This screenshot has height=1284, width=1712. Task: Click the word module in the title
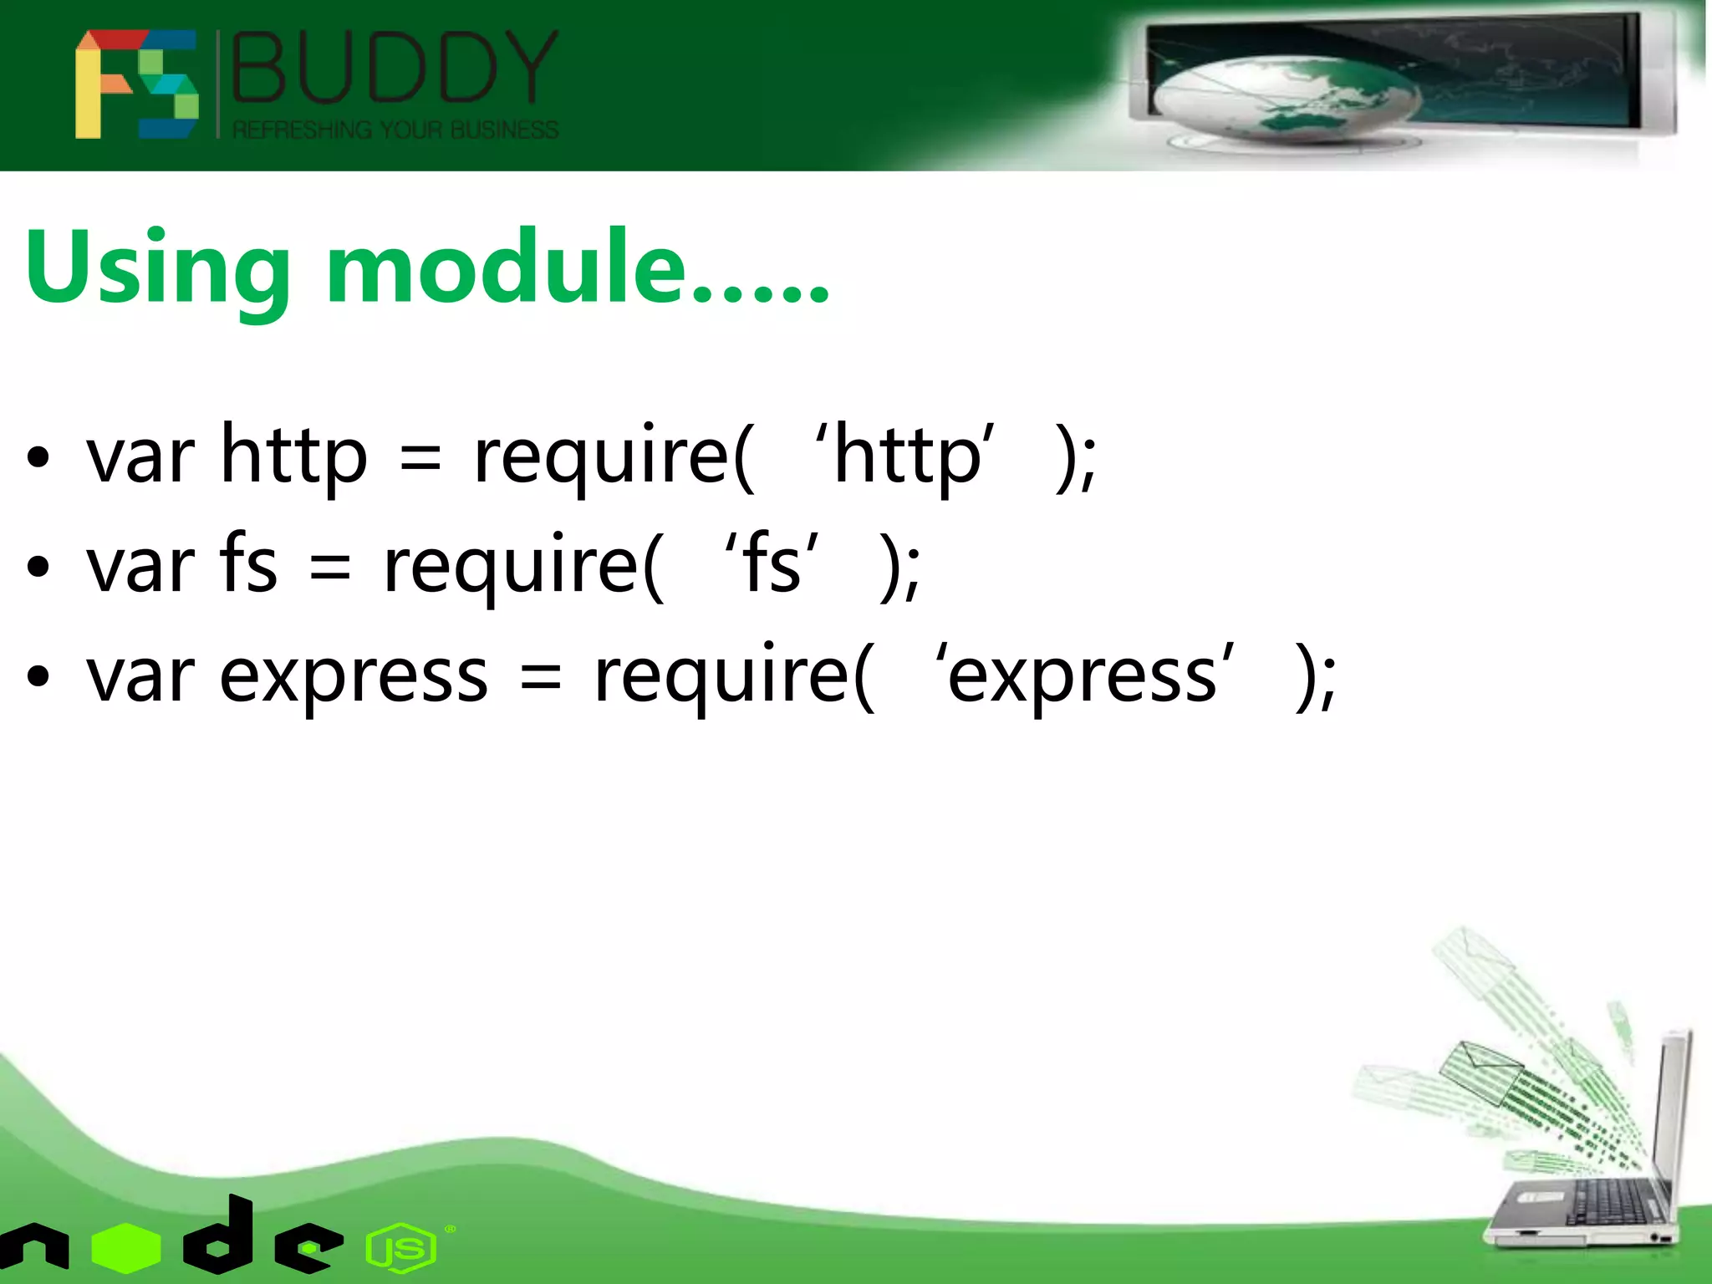[505, 267]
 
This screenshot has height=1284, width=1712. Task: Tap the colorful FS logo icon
[136, 84]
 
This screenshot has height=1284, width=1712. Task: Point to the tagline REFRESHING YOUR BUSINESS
[395, 130]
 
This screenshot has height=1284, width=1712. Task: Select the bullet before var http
[38, 458]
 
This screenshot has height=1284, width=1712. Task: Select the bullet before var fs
[38, 568]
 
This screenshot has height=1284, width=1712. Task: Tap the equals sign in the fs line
[329, 568]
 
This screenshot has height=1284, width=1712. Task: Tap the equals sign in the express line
[540, 677]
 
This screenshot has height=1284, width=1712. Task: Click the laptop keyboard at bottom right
[1605, 1204]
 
